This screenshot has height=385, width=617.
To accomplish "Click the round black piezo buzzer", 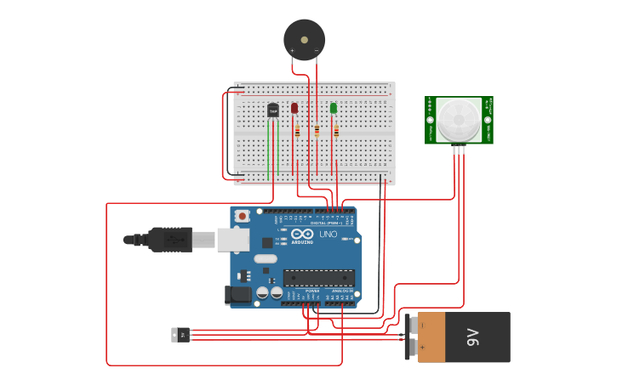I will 304,39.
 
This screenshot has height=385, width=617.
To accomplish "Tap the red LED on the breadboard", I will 294,108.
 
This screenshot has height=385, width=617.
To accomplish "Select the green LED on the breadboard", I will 334,108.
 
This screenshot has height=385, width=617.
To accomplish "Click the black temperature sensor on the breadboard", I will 273,110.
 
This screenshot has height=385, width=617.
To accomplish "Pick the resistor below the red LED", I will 297,131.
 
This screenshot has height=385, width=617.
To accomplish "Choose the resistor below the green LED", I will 336,131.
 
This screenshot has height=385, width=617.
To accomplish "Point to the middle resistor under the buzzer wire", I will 317,131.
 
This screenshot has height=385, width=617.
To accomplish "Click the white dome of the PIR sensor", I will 460,119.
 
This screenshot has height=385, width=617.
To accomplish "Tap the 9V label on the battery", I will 474,337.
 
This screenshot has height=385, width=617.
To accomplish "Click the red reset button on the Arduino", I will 243,216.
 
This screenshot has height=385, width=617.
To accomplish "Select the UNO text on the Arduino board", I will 328,235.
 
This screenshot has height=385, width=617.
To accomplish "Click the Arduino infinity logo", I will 303,235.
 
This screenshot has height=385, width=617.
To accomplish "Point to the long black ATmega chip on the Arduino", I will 318,277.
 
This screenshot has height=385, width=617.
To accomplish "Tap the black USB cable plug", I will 169,241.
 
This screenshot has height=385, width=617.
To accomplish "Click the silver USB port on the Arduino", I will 232,241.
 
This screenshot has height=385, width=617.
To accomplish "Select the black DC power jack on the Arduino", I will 238,295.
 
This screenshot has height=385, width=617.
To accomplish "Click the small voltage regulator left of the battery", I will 180,335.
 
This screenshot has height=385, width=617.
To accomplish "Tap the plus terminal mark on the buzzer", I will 292,51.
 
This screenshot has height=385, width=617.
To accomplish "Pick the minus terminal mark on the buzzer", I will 317,51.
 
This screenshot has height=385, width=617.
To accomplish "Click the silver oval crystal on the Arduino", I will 266,258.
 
